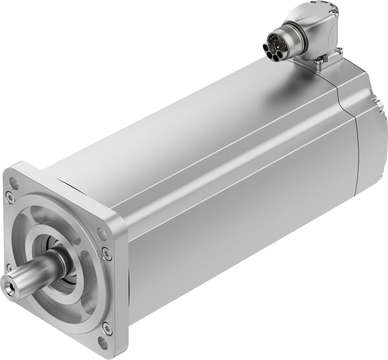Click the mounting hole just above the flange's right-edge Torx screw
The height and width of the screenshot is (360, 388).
click(100, 232)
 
